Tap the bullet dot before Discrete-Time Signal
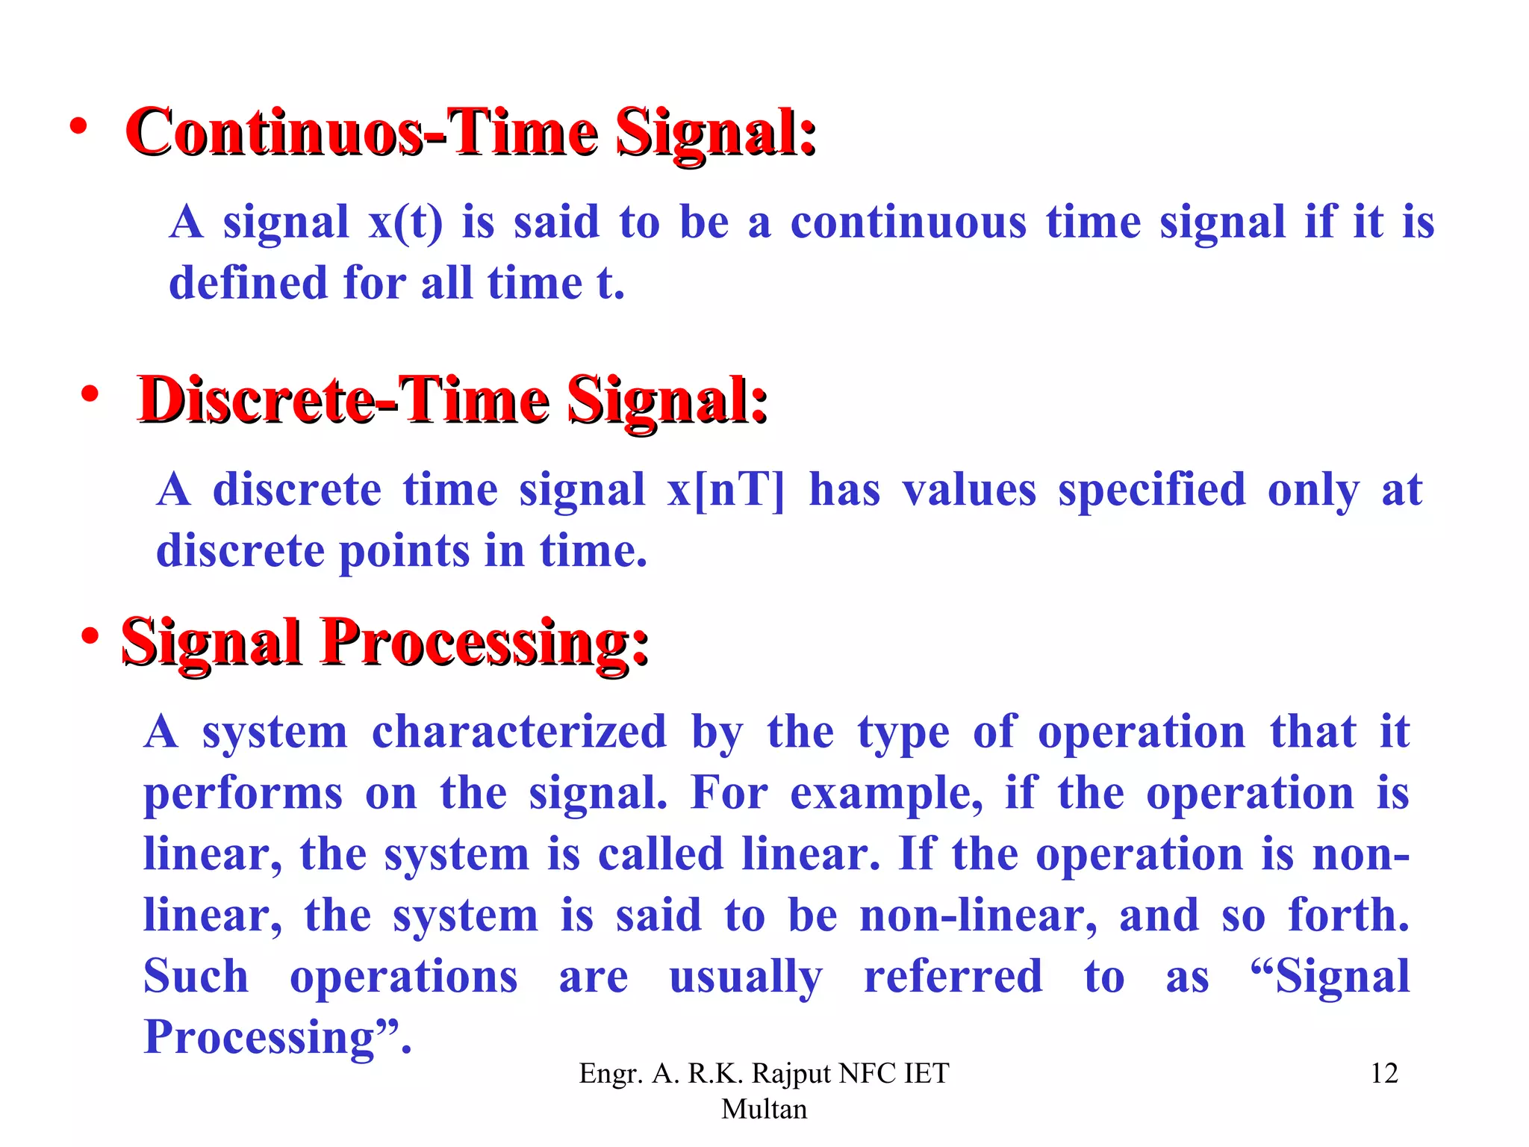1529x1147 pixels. pyautogui.click(x=90, y=394)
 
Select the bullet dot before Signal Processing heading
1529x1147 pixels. pyautogui.click(x=90, y=636)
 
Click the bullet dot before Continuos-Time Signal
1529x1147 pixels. pyautogui.click(x=78, y=127)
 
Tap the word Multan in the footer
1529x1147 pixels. pyautogui.click(x=764, y=1109)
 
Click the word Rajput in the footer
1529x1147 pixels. pyautogui.click(x=791, y=1073)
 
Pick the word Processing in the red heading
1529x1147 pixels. pyautogui.click(x=485, y=643)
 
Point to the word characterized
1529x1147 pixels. pyautogui.click(x=519, y=732)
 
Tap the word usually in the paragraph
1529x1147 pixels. pyautogui.click(x=746, y=977)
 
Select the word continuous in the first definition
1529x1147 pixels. pyautogui.click(x=909, y=223)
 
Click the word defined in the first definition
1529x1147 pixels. pyautogui.click(x=248, y=283)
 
